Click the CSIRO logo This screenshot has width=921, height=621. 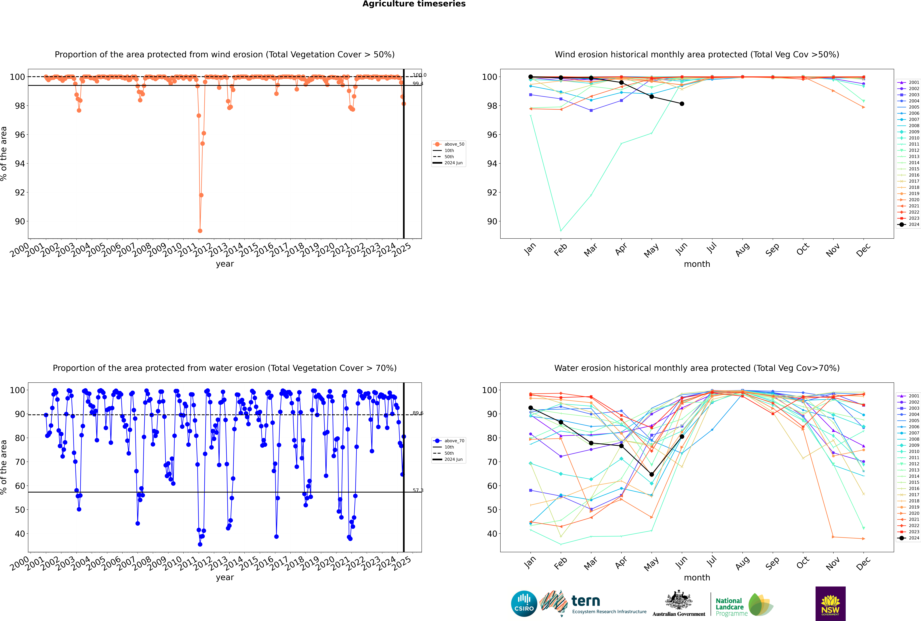(x=524, y=604)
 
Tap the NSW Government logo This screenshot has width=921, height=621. (x=830, y=603)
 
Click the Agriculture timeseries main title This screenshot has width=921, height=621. (x=414, y=4)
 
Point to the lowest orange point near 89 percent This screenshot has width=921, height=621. (x=200, y=230)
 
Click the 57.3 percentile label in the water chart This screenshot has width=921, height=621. (x=418, y=490)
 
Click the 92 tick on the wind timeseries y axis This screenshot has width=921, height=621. (x=20, y=192)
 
